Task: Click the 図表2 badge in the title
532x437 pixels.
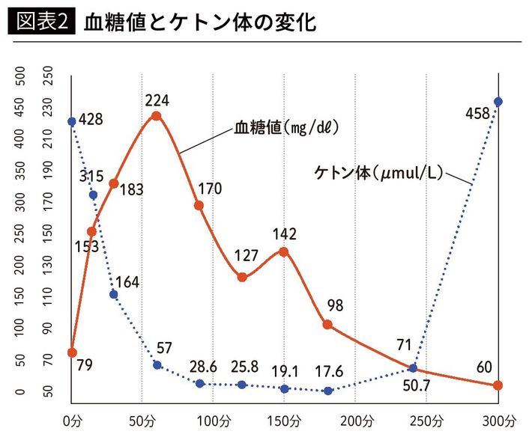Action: tap(42, 23)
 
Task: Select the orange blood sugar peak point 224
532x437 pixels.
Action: tap(156, 116)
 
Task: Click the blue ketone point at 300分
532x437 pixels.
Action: tap(498, 102)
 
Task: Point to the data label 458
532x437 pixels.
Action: tap(477, 114)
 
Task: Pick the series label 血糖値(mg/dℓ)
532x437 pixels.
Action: tap(287, 128)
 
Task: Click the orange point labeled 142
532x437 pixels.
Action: tap(284, 251)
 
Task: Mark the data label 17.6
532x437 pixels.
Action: tap(329, 370)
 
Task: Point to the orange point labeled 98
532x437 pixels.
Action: tap(327, 325)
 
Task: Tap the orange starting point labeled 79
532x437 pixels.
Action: tap(72, 352)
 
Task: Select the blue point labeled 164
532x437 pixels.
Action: tap(113, 294)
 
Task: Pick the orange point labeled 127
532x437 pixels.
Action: tap(242, 277)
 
